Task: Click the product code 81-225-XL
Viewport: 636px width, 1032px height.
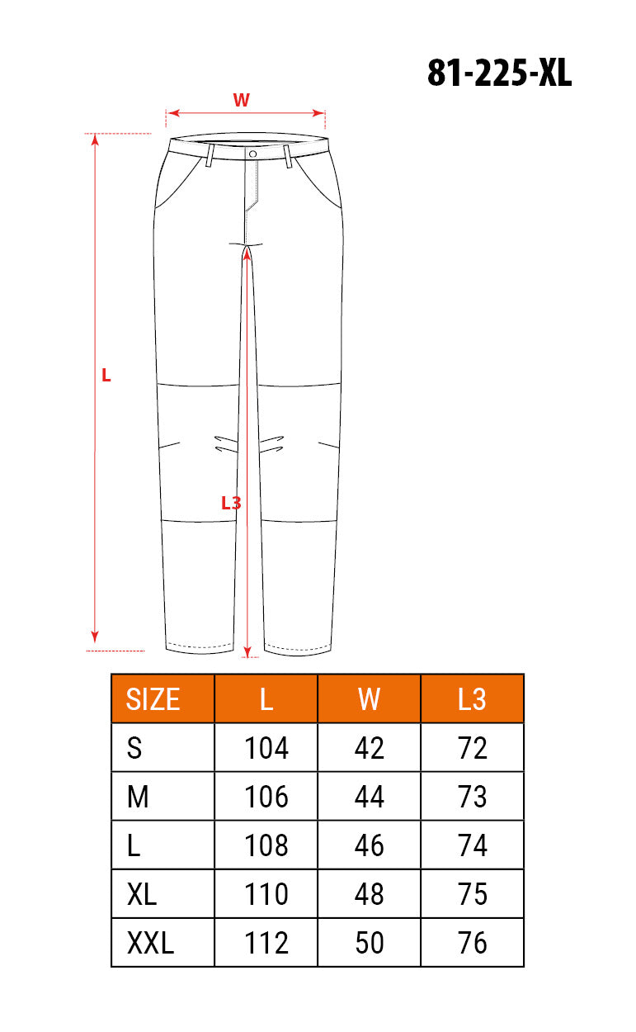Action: [x=499, y=73]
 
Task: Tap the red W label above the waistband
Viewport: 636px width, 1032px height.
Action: [x=241, y=100]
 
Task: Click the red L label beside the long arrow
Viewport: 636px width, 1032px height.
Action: [x=106, y=376]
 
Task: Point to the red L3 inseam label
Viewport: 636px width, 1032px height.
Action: [x=231, y=503]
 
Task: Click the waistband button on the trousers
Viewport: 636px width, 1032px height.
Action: [x=252, y=154]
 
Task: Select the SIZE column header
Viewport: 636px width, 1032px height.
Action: [x=153, y=699]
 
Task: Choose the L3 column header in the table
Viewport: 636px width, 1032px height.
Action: [x=472, y=699]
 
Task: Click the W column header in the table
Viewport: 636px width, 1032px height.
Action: [x=369, y=699]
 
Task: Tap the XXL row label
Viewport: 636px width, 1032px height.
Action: [x=150, y=943]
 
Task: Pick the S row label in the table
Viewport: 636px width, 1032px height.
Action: [x=134, y=748]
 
